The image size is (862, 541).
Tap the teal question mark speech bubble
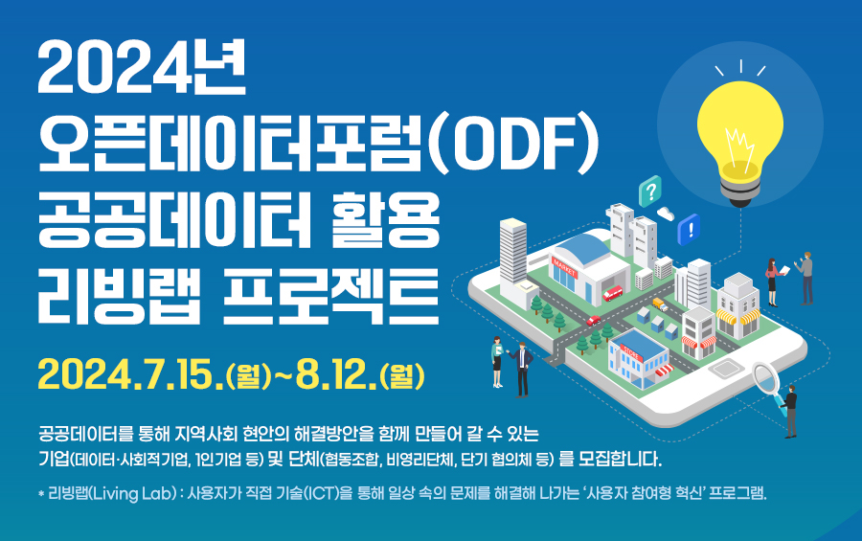click(x=650, y=191)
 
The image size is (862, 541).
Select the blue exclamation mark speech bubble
click(x=689, y=229)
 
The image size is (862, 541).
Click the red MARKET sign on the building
click(x=564, y=268)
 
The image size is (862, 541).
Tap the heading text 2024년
click(x=142, y=68)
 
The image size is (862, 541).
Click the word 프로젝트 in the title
click(x=331, y=297)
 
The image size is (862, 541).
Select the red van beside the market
click(x=613, y=292)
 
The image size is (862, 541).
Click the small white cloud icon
click(x=666, y=214)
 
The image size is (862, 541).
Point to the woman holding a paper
click(x=772, y=282)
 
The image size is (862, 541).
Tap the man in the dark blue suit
click(x=522, y=369)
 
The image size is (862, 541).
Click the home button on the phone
click(x=727, y=369)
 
